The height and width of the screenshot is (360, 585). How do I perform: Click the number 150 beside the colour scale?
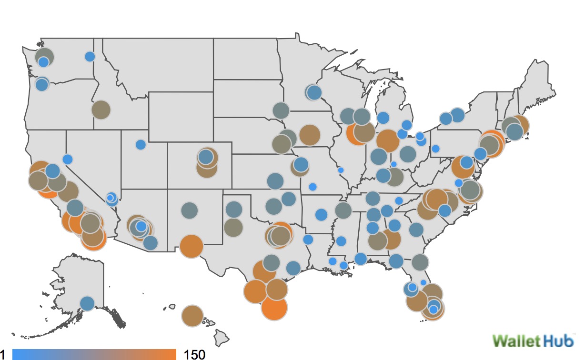pyautogui.click(x=194, y=354)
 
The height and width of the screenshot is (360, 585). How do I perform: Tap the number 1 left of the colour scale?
pyautogui.click(x=3, y=354)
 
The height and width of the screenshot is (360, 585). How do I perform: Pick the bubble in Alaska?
pyautogui.click(x=87, y=303)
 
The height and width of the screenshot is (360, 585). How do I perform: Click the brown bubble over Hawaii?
pyautogui.click(x=192, y=315)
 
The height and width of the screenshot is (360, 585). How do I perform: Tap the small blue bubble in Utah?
pyautogui.click(x=141, y=144)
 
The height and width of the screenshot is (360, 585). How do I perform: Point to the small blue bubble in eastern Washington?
pyautogui.click(x=90, y=57)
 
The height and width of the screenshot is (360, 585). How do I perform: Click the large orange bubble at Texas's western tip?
pyautogui.click(x=192, y=246)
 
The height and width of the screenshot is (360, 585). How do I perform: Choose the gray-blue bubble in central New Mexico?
pyautogui.click(x=190, y=210)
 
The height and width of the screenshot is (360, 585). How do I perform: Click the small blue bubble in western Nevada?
pyautogui.click(x=68, y=159)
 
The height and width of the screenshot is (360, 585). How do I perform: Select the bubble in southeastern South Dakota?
pyautogui.click(x=281, y=110)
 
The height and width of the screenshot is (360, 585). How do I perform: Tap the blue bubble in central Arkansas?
pyautogui.click(x=322, y=215)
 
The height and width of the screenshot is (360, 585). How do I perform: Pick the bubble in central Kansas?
pyautogui.click(x=275, y=181)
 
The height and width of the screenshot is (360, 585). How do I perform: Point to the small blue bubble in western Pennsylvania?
pyautogui.click(x=435, y=149)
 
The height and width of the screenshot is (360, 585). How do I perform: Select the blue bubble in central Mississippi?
pyautogui.click(x=341, y=241)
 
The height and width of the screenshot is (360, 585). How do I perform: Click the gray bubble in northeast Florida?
pyautogui.click(x=420, y=262)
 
